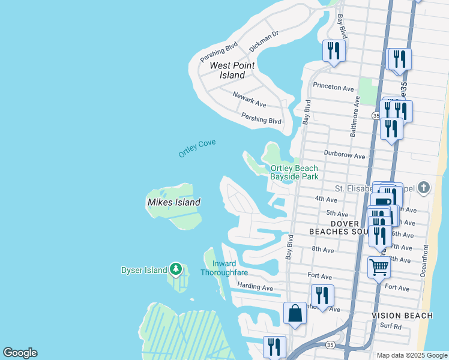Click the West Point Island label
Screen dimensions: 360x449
(232, 70)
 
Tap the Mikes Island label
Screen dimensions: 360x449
(173, 203)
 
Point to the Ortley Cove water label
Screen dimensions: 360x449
(197, 148)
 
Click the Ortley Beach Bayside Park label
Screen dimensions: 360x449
(294, 173)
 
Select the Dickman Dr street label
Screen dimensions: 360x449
(264, 40)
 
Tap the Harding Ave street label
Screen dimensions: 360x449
(255, 287)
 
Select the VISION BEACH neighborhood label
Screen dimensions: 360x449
(402, 316)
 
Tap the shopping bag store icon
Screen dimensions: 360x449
(295, 313)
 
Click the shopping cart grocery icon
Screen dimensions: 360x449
(379, 268)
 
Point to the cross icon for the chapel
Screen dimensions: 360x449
(424, 188)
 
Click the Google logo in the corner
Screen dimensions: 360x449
(20, 353)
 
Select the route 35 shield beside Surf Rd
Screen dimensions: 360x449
(330, 345)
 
